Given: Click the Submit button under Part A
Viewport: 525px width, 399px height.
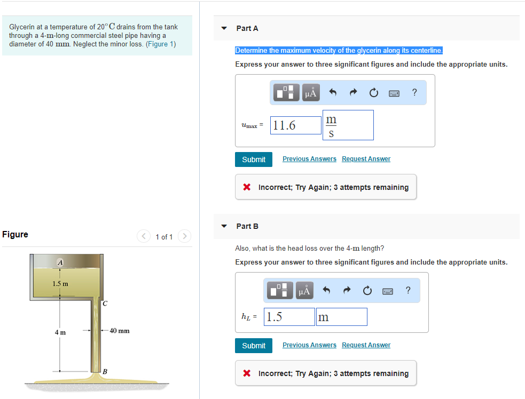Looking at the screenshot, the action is tap(254, 159).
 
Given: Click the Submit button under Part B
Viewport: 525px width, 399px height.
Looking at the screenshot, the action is tap(254, 346).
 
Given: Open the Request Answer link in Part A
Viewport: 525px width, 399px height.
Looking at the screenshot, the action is tap(366, 159).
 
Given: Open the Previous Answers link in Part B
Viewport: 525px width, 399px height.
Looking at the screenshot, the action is tap(309, 345).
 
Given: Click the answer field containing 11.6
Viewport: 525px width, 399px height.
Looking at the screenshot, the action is tap(296, 125).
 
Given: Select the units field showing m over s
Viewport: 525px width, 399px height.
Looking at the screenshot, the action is tap(348, 125).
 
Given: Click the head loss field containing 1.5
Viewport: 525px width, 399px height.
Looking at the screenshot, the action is tap(289, 317).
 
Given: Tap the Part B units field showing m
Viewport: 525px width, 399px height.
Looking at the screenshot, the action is tap(341, 317).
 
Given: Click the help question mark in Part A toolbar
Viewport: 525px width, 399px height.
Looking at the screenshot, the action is tap(414, 92).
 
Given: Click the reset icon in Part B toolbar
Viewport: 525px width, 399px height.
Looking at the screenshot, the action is tap(367, 290).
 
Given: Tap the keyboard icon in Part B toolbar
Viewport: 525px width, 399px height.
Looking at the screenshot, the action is tap(388, 291).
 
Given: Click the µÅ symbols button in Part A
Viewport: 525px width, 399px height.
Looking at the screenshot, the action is tap(311, 93).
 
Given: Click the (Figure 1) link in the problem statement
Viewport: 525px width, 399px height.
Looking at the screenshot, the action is tap(161, 44).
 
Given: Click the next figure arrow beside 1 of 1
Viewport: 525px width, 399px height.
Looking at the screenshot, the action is tap(184, 236).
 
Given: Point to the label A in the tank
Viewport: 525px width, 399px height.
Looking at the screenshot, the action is tap(60, 262).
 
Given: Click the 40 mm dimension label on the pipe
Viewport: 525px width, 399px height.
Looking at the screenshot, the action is tap(120, 331).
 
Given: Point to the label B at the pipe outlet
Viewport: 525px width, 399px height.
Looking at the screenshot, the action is tap(105, 372).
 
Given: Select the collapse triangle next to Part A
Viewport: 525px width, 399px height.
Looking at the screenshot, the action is tap(224, 28).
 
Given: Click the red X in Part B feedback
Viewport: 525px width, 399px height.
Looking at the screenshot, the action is tap(247, 373).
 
